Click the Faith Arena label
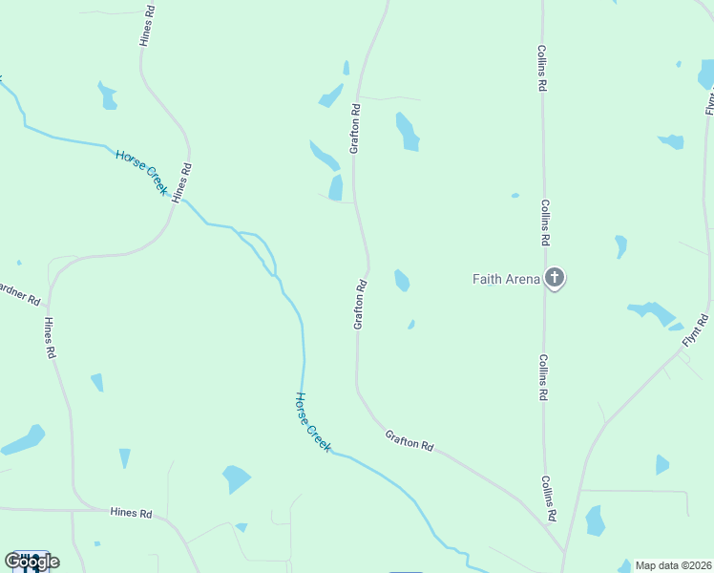[506, 280]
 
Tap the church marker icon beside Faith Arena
[555, 279]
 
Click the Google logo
[31, 561]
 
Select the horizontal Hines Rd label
[131, 514]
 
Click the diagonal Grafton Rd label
[409, 440]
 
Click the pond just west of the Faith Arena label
[402, 280]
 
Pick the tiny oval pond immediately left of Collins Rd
[514, 196]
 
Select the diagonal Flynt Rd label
[695, 330]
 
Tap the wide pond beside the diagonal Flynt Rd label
[653, 312]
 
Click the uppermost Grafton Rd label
[354, 129]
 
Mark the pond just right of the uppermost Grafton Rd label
[408, 133]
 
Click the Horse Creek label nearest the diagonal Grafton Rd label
[313, 421]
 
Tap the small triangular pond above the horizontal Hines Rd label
[124, 457]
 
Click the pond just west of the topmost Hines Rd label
[107, 95]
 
